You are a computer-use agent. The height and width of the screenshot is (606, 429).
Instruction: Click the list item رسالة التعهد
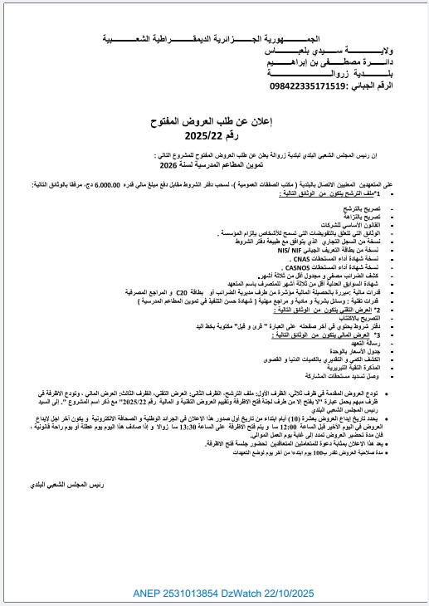(386, 340)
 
